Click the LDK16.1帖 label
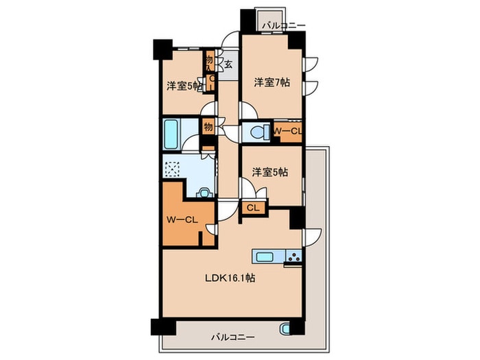(x=230, y=278)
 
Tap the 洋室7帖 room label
(x=272, y=82)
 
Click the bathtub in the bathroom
(x=171, y=134)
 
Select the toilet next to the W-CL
(x=257, y=132)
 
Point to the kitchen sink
(x=265, y=256)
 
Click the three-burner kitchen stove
(x=294, y=256)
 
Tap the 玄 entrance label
(x=228, y=64)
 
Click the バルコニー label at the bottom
(x=233, y=337)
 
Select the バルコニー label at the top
(x=284, y=25)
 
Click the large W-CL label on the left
(x=182, y=219)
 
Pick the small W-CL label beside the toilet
(x=287, y=132)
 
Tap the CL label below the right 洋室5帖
(x=253, y=208)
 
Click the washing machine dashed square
(x=173, y=169)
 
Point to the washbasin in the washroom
(x=204, y=193)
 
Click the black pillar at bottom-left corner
(x=163, y=327)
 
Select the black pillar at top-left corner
(x=163, y=49)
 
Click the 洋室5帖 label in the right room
(x=270, y=172)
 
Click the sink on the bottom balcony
(x=285, y=329)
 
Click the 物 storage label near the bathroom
(x=208, y=126)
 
